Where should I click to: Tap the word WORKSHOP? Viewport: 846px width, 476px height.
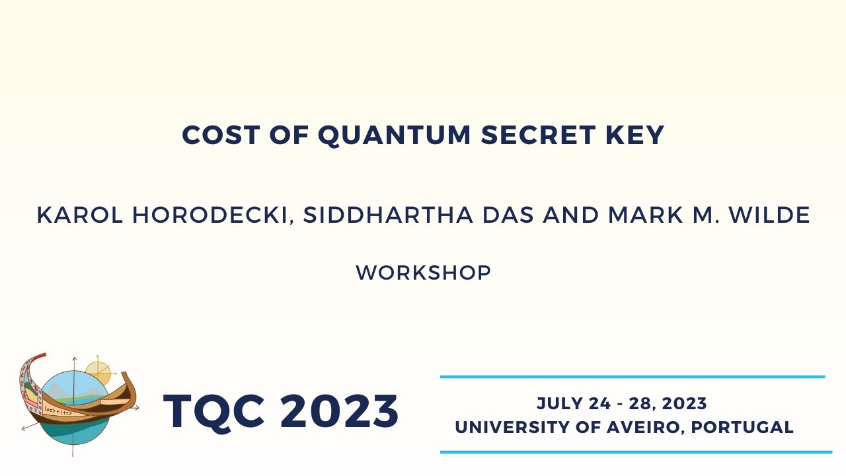(423, 273)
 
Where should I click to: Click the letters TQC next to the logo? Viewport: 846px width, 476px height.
(216, 411)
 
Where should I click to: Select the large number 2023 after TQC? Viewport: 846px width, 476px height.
(339, 411)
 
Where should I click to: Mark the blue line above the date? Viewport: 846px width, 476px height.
(633, 377)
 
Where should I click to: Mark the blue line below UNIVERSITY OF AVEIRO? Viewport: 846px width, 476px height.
(636, 452)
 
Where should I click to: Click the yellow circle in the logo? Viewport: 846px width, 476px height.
(98, 372)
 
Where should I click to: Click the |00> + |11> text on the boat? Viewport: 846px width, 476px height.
(58, 411)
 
